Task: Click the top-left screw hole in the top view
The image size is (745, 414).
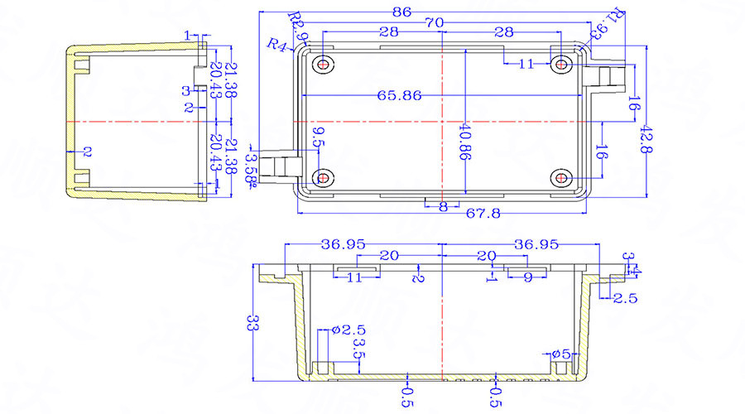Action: point(324,64)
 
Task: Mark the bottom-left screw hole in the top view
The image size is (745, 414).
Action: point(324,177)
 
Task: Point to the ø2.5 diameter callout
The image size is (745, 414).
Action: point(342,330)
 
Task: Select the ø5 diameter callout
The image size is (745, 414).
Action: point(560,354)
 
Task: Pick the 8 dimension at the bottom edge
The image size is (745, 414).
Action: point(443,207)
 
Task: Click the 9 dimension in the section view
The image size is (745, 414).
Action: point(528,278)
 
